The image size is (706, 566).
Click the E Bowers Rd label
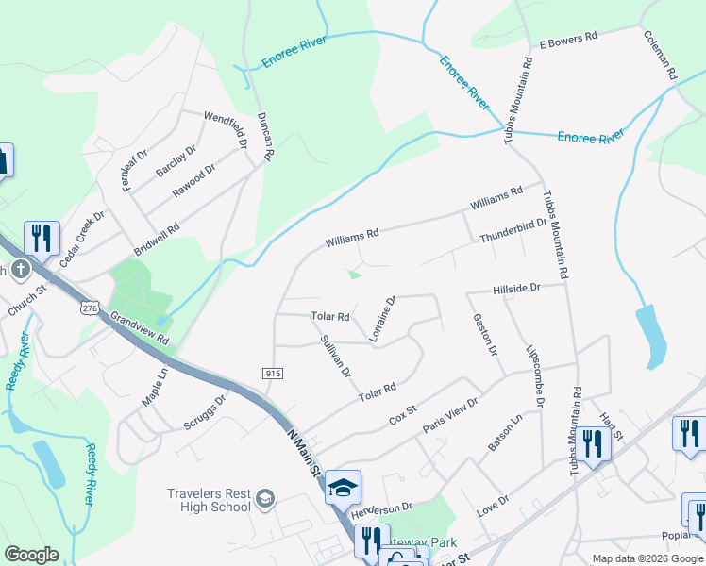568,39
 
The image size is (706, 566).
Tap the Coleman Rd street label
661,56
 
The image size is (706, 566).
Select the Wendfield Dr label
224,129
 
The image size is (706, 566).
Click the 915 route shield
274,375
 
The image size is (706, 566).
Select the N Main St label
305,448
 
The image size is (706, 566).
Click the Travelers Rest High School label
210,500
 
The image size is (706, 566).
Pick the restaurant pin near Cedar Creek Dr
42,239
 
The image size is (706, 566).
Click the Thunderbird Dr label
513,232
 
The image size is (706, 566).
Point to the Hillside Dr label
515,288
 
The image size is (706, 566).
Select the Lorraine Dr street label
382,317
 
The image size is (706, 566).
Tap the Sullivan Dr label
336,358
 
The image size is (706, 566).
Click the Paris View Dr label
450,414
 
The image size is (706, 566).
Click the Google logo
31,556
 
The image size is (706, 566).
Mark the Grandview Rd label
140,329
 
